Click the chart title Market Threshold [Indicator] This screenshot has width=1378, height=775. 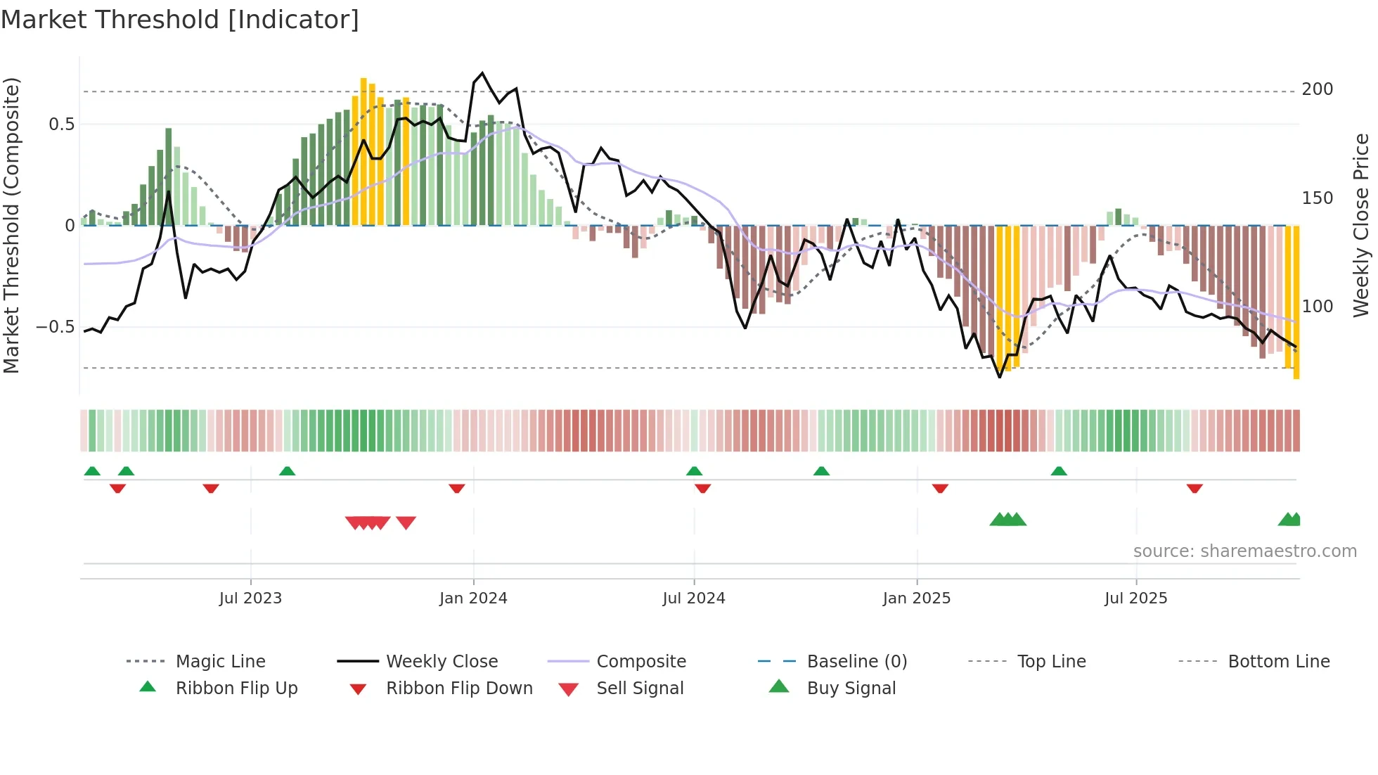click(x=180, y=20)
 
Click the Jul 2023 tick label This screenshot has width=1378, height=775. click(x=250, y=598)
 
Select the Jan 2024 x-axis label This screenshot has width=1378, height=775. click(x=473, y=598)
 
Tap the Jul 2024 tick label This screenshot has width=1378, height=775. click(x=694, y=598)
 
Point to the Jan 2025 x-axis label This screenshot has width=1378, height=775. click(x=917, y=598)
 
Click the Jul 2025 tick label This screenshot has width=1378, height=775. click(x=1136, y=598)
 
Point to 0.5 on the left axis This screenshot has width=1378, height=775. click(x=62, y=124)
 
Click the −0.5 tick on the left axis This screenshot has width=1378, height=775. click(x=56, y=327)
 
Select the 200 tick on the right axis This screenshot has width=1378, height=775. click(x=1318, y=89)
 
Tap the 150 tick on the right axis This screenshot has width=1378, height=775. click(x=1318, y=198)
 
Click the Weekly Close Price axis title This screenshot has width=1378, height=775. click(x=1362, y=225)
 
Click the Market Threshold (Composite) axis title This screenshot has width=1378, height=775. click(x=11, y=225)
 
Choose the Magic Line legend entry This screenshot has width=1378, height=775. click(x=220, y=662)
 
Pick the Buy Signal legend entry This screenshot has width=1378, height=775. click(x=851, y=688)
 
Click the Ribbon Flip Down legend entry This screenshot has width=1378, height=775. click(x=459, y=688)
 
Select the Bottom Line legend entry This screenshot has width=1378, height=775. click(x=1278, y=662)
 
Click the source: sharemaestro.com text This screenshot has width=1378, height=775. click(x=1244, y=551)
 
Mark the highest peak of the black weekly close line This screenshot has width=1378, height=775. click(x=482, y=73)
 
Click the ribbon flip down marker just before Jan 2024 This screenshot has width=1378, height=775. click(x=457, y=488)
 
